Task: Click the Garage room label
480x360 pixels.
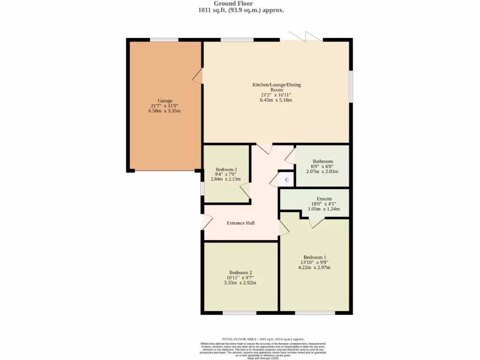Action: click(x=165, y=100)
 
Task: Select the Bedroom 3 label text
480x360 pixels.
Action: click(x=226, y=169)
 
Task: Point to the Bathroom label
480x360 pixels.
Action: click(x=322, y=161)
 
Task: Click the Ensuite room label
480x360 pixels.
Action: click(x=323, y=199)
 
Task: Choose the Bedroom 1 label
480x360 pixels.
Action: click(x=314, y=257)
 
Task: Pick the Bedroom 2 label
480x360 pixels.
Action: click(x=240, y=272)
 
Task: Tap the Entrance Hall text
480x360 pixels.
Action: click(x=240, y=223)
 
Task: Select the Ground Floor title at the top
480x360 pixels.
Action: click(x=240, y=3)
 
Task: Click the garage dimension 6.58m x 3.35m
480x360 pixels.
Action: click(x=165, y=111)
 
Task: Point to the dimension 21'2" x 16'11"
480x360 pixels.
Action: click(x=277, y=95)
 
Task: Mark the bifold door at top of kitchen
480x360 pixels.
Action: click(x=305, y=37)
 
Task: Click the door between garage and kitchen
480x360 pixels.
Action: click(x=198, y=76)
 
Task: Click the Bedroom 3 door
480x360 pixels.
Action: click(x=245, y=191)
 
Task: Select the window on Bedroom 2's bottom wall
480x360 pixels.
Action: click(x=239, y=313)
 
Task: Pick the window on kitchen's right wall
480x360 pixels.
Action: click(x=351, y=86)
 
